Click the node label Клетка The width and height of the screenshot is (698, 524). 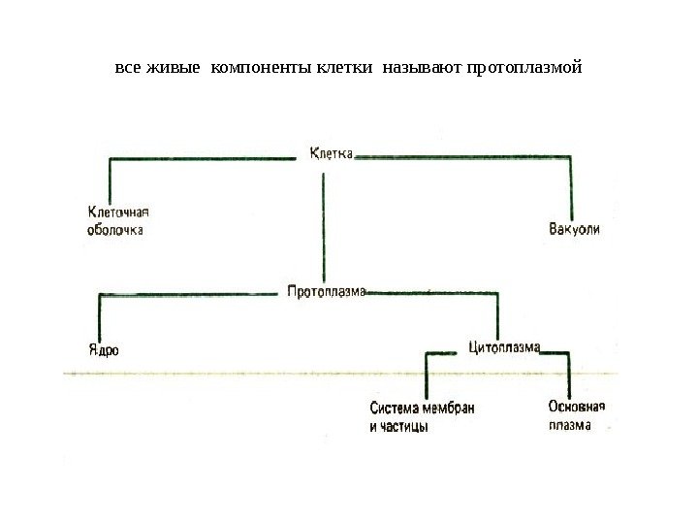point(332,152)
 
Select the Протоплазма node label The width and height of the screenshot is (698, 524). point(327,290)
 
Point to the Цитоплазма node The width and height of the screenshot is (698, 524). point(504,345)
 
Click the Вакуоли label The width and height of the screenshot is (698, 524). point(574,230)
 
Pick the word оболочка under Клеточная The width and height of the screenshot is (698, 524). point(115,230)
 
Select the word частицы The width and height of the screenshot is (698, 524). point(405,427)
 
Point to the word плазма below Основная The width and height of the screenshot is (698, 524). point(569,424)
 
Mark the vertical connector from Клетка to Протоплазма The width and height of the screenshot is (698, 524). point(324,223)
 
